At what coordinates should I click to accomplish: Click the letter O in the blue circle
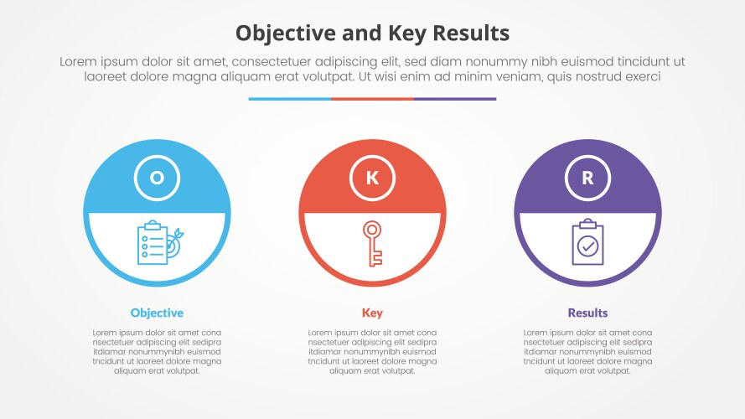tap(157, 178)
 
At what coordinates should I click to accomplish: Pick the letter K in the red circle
tap(372, 178)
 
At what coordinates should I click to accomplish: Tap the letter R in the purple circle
tap(587, 178)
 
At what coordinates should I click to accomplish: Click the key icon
tap(372, 243)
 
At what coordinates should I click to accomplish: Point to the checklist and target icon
tap(157, 243)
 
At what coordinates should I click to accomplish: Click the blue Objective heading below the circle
tap(157, 313)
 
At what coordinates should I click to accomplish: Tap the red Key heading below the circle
tap(372, 313)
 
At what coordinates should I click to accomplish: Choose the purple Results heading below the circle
tap(587, 313)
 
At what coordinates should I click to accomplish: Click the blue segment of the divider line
tap(289, 99)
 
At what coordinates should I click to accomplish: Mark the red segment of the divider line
tap(372, 99)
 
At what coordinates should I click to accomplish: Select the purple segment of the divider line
tap(454, 99)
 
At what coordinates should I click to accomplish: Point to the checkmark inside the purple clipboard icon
tap(588, 246)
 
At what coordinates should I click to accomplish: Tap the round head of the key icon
tap(371, 229)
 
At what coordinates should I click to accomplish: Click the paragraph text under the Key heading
tap(372, 351)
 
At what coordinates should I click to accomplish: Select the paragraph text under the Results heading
tap(587, 351)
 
